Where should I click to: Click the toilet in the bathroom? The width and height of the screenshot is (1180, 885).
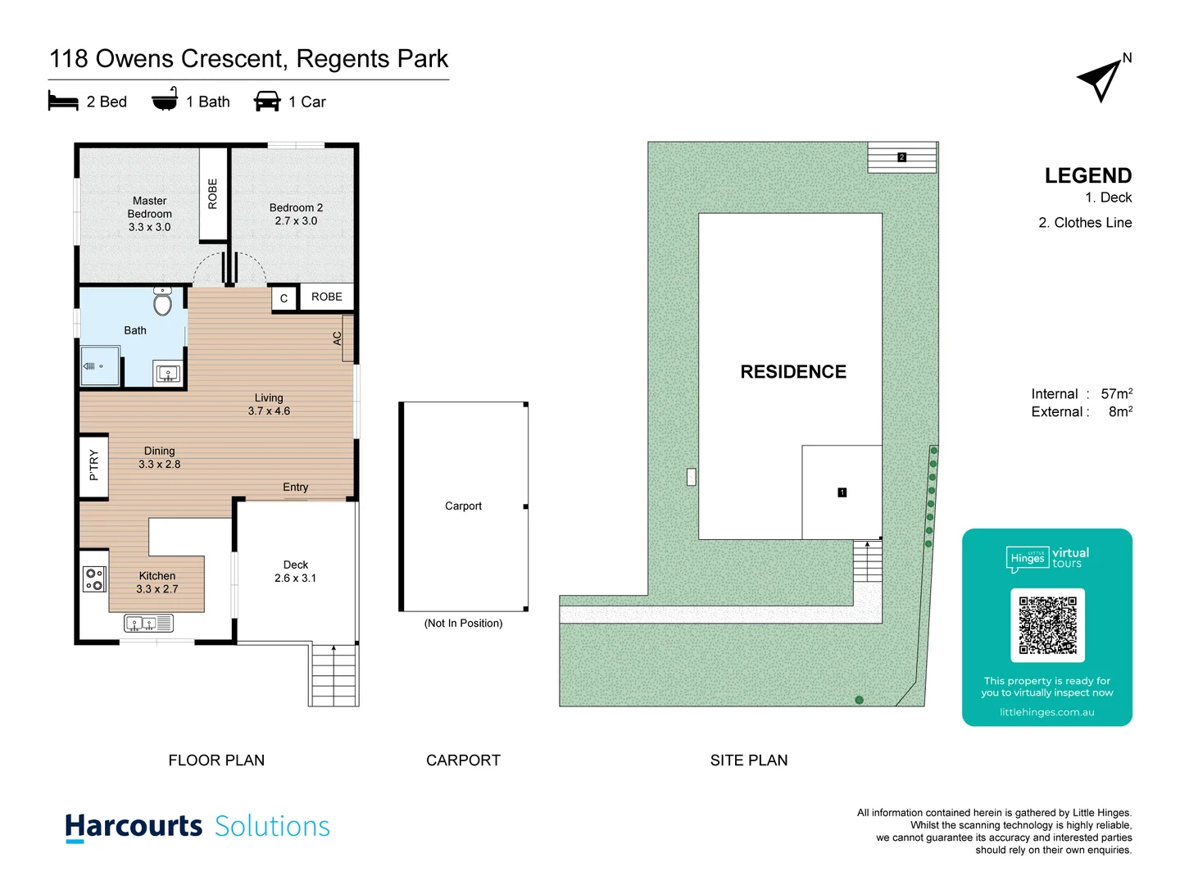coord(163,302)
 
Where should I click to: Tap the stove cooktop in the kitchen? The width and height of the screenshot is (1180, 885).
coord(94,579)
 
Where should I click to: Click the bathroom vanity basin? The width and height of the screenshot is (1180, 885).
coord(168,374)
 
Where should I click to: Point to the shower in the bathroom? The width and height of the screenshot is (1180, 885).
coord(100,366)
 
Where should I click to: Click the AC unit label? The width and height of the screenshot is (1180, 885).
coord(337,338)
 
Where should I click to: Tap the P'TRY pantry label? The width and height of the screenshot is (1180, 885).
coord(93,465)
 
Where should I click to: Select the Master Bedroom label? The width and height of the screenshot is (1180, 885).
coord(149,207)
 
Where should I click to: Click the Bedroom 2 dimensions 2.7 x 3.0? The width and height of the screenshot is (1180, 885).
coord(296,221)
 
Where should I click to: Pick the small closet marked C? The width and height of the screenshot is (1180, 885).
coord(284,298)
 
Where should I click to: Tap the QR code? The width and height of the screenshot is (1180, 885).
coord(1047,625)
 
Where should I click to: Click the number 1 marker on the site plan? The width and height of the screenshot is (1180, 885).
coord(842,492)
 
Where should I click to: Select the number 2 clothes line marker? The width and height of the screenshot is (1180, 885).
coord(901,157)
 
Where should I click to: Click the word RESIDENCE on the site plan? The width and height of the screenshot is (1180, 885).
coord(793,372)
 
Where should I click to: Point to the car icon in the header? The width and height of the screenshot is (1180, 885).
coord(267,102)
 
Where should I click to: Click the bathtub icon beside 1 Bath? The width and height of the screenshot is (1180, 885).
coord(165,100)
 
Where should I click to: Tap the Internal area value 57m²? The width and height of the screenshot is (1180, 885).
coord(1116,394)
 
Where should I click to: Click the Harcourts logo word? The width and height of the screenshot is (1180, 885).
coord(134,826)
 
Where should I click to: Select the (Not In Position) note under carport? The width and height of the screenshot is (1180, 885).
coord(463,624)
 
